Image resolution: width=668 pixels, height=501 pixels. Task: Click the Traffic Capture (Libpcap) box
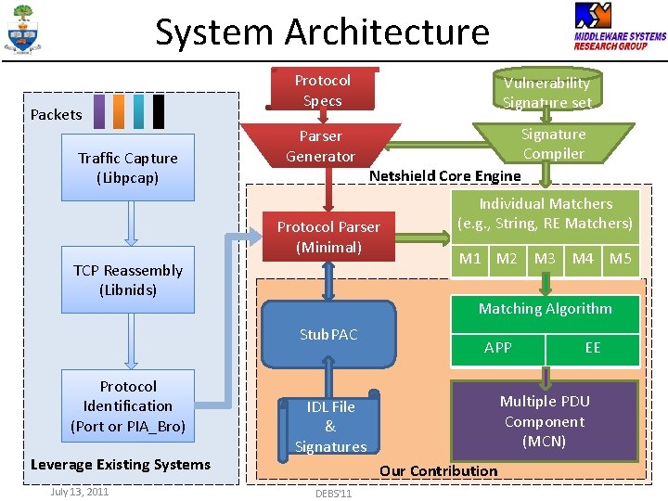click(x=128, y=167)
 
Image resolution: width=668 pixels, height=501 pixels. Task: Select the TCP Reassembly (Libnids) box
click(x=128, y=279)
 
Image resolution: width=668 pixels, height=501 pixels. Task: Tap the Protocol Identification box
click(x=128, y=405)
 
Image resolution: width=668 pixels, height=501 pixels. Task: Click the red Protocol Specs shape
click(x=323, y=89)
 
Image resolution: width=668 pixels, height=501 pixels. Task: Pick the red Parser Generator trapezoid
click(x=320, y=146)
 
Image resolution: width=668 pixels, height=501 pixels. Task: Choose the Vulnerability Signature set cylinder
click(x=547, y=88)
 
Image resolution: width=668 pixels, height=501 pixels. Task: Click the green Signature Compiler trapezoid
click(x=553, y=144)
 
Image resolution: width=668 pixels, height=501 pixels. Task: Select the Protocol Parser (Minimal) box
click(x=328, y=237)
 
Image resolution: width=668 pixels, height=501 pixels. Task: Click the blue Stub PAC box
click(x=328, y=334)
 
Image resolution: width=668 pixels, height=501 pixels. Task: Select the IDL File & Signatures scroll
click(x=328, y=426)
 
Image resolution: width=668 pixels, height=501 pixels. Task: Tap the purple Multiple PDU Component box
click(x=545, y=421)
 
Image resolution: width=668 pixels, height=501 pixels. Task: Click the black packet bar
click(x=159, y=111)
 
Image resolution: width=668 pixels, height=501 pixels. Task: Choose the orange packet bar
click(x=119, y=111)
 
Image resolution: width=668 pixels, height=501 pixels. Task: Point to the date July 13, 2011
click(x=80, y=492)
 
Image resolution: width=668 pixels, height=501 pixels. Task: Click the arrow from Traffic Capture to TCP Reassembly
click(x=131, y=224)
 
